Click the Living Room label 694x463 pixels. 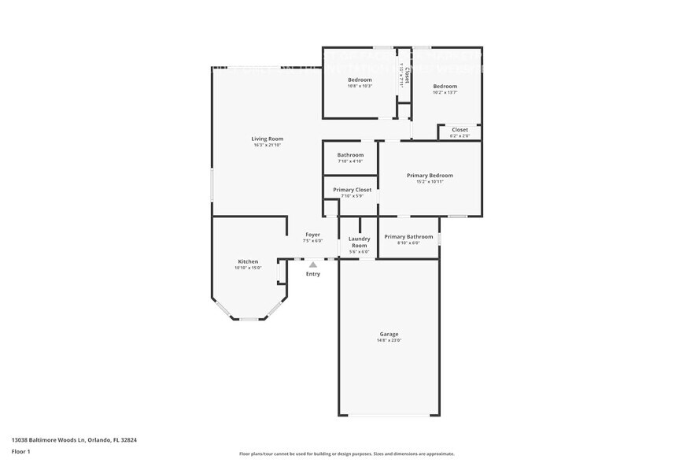tap(268, 139)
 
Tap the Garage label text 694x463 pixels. tap(389, 334)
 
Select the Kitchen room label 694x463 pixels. tap(248, 261)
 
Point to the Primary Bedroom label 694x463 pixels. tap(430, 176)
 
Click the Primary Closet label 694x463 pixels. tap(352, 190)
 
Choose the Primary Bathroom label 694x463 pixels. tap(408, 236)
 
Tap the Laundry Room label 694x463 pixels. tap(359, 241)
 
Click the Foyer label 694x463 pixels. tap(312, 235)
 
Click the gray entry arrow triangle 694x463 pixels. tap(313, 265)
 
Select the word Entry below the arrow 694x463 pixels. tap(313, 274)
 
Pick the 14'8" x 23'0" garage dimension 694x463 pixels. tap(389, 340)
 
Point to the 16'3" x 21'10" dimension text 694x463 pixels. tap(268, 145)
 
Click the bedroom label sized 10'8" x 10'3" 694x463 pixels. tap(360, 80)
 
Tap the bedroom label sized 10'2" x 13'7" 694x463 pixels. tap(445, 86)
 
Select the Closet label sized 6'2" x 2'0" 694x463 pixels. tap(460, 130)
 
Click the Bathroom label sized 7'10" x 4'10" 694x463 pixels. tap(350, 155)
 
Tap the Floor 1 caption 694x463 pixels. tap(21, 451)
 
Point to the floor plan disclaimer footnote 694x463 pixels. tap(346, 454)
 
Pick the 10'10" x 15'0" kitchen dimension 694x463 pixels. tap(248, 268)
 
